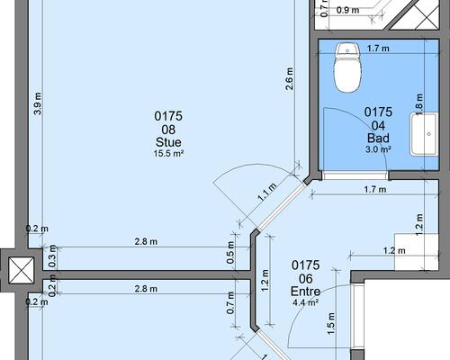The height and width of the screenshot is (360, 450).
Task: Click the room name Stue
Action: click(x=168, y=142)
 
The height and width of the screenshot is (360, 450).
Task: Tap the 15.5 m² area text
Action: click(x=168, y=154)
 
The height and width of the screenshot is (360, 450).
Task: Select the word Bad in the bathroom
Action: click(x=378, y=138)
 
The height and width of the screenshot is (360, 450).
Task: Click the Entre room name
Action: click(x=305, y=292)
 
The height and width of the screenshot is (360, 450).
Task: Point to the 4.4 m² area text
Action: click(x=305, y=302)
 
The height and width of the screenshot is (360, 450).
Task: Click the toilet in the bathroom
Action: click(x=347, y=67)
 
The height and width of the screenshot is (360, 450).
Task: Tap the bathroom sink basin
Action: click(x=424, y=134)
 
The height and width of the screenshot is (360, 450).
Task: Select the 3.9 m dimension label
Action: click(x=38, y=103)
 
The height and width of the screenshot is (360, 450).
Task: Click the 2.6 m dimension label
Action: click(x=290, y=79)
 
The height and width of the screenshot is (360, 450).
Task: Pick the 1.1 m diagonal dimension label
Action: click(x=267, y=193)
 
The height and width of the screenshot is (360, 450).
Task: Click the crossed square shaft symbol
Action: click(x=21, y=270)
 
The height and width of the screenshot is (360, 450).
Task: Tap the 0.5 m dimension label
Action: click(x=230, y=253)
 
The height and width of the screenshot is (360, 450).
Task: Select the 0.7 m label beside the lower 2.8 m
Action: click(x=230, y=303)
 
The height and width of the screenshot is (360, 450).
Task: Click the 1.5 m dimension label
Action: click(x=330, y=324)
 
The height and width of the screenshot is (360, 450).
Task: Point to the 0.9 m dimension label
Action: click(x=347, y=10)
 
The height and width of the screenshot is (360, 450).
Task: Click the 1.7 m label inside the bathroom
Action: click(x=378, y=49)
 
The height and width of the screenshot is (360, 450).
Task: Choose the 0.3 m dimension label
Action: click(x=52, y=256)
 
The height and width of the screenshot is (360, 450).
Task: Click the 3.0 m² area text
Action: click(x=378, y=149)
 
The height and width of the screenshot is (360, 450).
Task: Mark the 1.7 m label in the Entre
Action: click(x=375, y=190)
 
